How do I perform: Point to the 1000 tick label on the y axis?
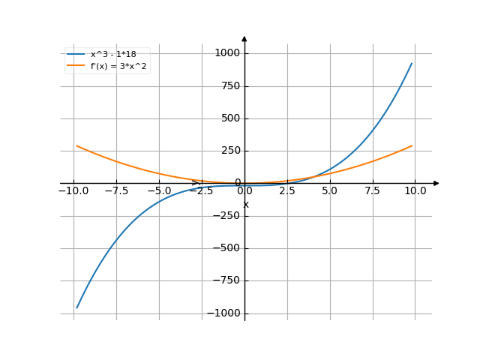click(226, 53)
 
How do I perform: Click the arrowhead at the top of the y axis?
click(244, 38)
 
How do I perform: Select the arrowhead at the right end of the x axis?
click(436, 183)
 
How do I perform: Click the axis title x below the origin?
click(245, 205)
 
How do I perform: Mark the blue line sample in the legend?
click(76, 54)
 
